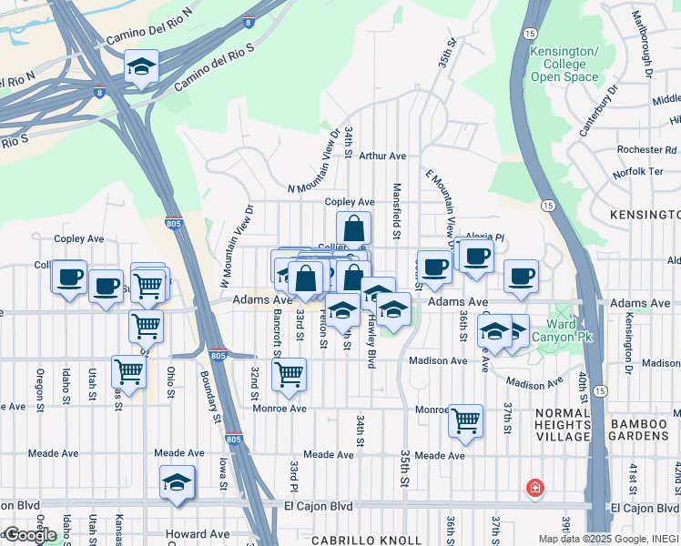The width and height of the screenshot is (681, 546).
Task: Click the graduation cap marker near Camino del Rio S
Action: point(141,66)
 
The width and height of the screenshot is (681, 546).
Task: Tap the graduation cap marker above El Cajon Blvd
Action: point(178,483)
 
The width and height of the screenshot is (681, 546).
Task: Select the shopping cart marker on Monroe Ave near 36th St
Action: point(465,421)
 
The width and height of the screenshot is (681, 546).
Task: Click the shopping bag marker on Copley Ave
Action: point(353,228)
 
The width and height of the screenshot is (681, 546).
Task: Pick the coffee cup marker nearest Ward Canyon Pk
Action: point(521,277)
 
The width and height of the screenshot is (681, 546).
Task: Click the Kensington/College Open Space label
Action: point(564,64)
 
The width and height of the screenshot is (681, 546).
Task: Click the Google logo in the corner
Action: point(30,534)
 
